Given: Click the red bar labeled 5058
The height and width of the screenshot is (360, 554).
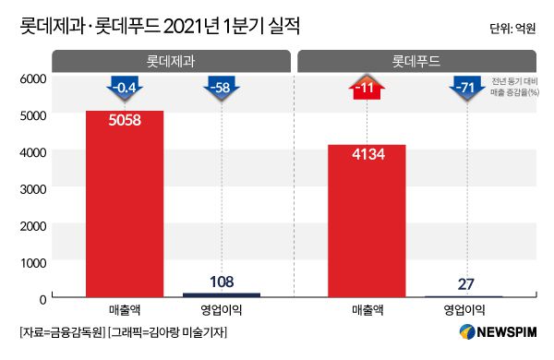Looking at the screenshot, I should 124,203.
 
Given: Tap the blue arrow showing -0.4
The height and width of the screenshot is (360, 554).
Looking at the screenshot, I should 124,90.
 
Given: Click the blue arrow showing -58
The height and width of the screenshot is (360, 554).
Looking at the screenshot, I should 221,90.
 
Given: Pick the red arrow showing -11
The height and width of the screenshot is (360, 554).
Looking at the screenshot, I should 367,90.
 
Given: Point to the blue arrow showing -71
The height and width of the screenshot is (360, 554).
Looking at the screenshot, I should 464,90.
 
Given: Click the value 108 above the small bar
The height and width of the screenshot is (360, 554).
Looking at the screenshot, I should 221,280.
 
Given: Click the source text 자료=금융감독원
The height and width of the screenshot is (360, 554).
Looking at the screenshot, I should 60,332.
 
